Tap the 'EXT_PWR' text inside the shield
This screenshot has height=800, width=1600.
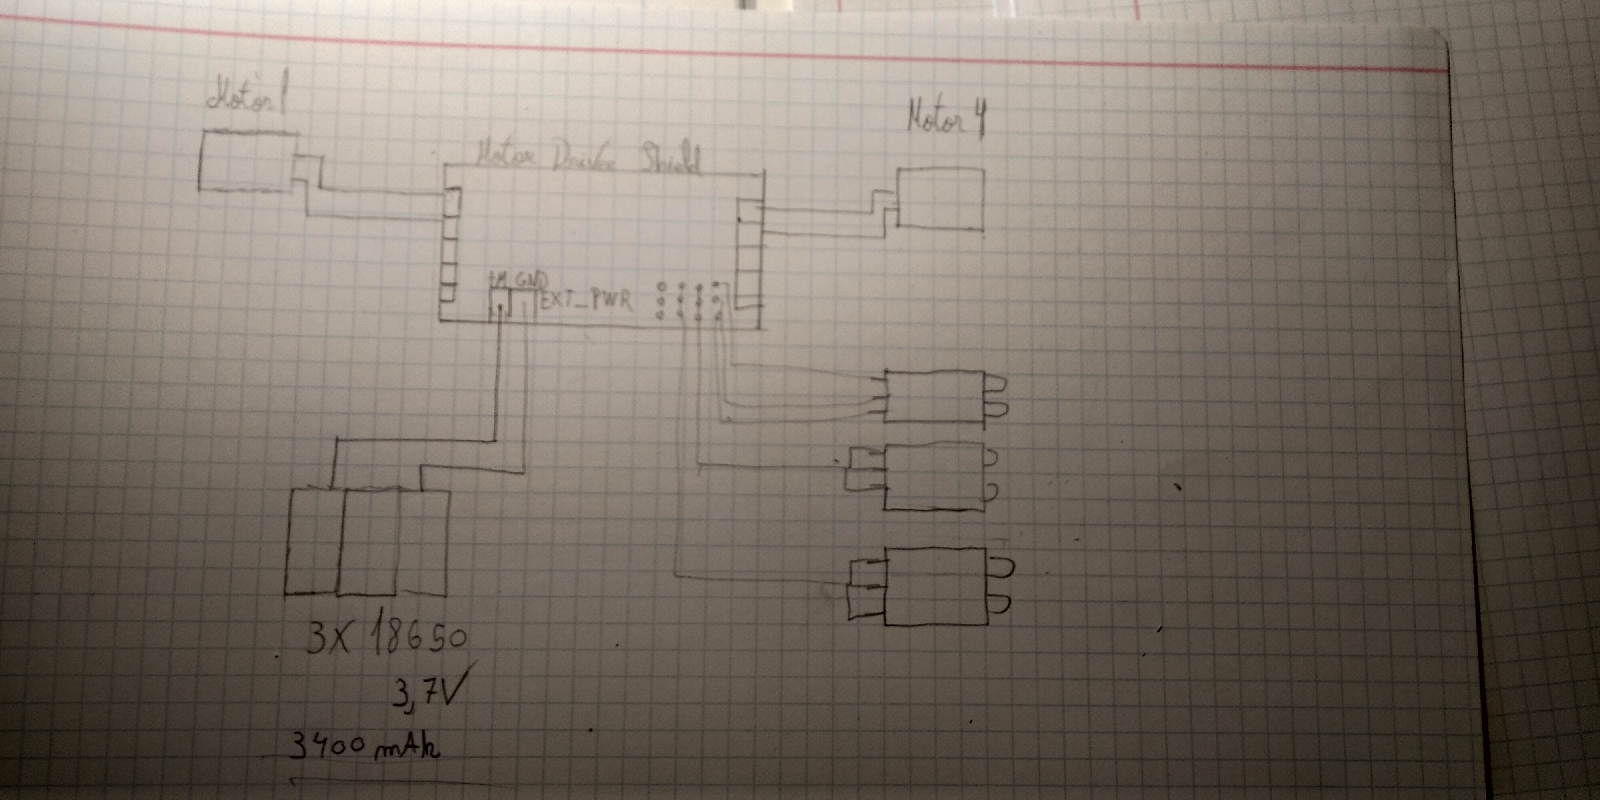[x=587, y=301]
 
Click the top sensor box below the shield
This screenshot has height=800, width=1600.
[x=934, y=396]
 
